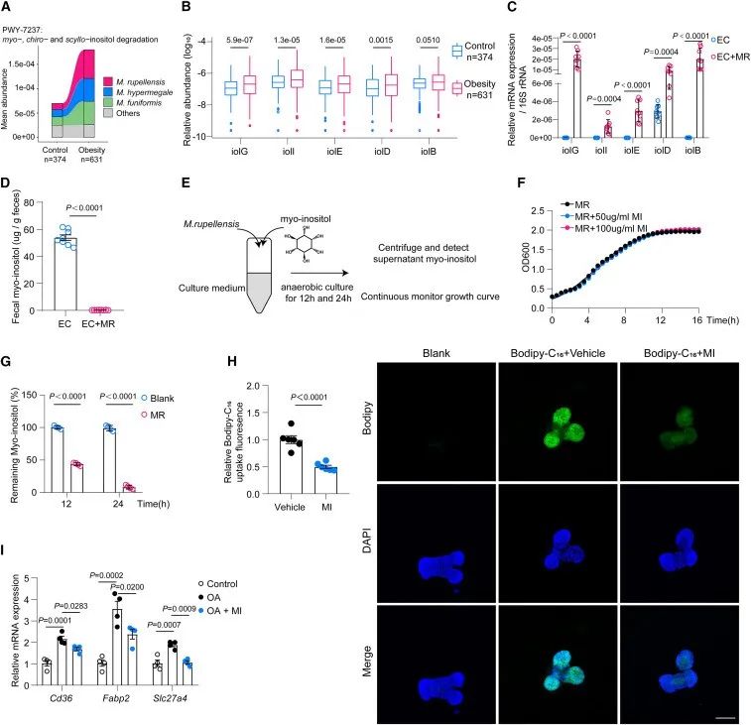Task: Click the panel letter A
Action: click(9, 9)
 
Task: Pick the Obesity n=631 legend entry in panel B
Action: click(474, 91)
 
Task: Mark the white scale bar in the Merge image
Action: click(728, 712)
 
